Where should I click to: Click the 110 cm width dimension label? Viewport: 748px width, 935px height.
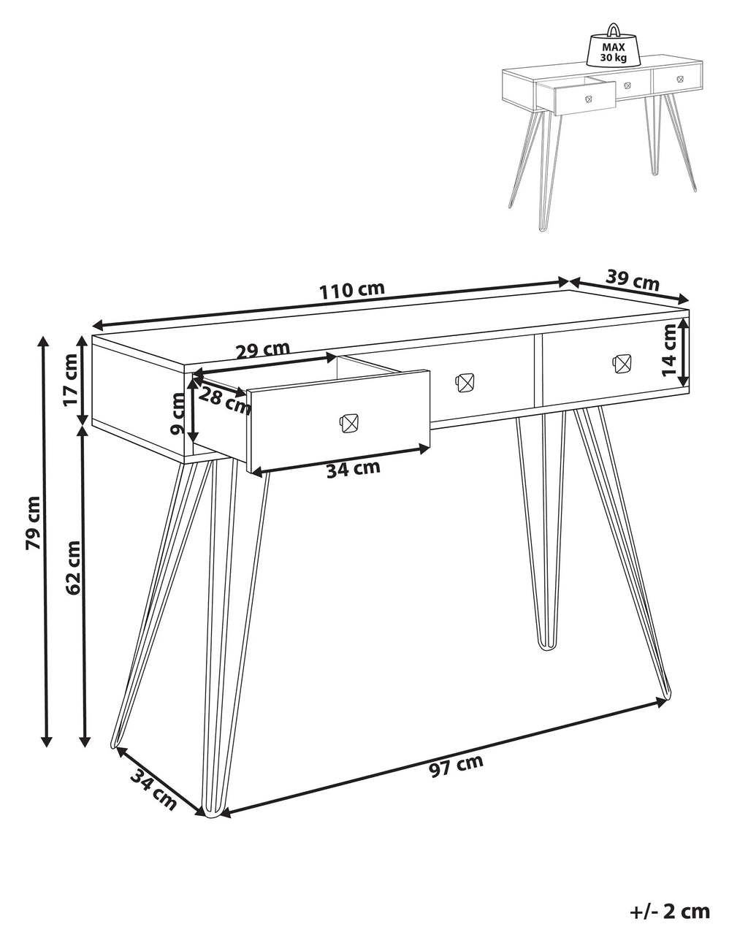coord(351,289)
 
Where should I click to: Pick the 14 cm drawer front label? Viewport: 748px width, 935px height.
coord(669,351)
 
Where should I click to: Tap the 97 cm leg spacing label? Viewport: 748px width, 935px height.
coord(457,766)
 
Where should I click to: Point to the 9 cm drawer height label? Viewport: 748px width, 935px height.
coord(178,413)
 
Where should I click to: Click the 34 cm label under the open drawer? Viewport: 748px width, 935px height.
coord(353,469)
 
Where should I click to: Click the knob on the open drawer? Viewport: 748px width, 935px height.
coord(348,423)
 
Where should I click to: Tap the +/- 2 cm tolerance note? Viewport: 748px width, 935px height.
coord(669,911)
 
